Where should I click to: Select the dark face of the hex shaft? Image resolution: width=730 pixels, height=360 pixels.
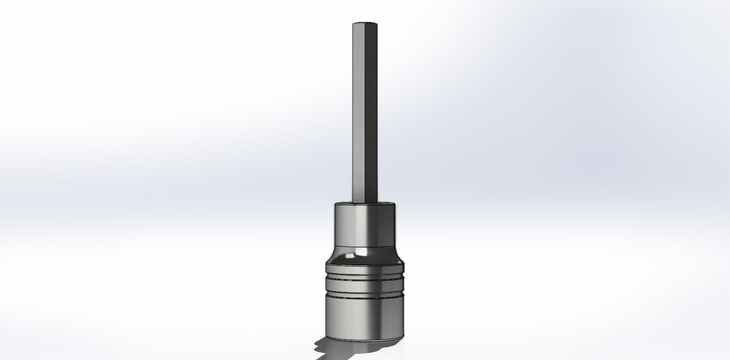pyautogui.click(x=371, y=114)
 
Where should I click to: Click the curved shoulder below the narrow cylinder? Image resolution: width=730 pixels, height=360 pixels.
pyautogui.click(x=342, y=259)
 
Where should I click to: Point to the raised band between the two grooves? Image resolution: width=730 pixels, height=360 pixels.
pyautogui.click(x=365, y=288)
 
